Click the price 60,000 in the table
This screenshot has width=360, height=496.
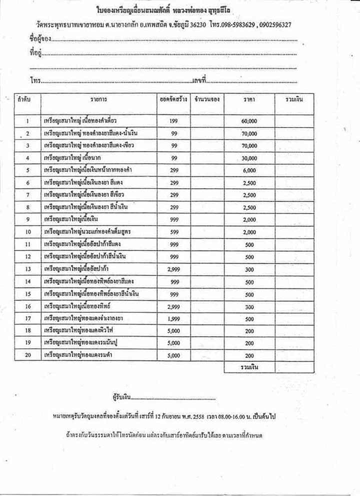(248, 121)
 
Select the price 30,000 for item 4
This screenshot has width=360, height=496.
(248, 158)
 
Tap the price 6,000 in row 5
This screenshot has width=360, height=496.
(248, 170)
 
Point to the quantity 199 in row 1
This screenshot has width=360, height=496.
(174, 121)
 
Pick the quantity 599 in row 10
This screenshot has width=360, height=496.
(174, 232)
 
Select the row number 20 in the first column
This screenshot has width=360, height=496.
(28, 355)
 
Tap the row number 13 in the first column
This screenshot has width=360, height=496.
(28, 269)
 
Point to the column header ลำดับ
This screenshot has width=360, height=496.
(24, 99)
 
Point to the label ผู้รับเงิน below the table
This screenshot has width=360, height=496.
(121, 397)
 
